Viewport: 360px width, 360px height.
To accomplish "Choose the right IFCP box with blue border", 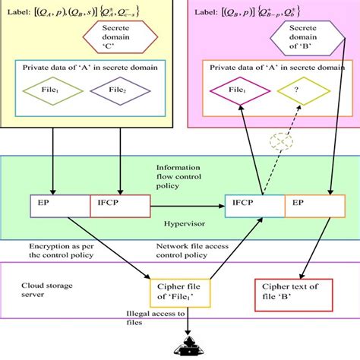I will coord(254,203).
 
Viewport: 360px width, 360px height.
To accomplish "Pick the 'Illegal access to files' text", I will coord(145,317).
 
